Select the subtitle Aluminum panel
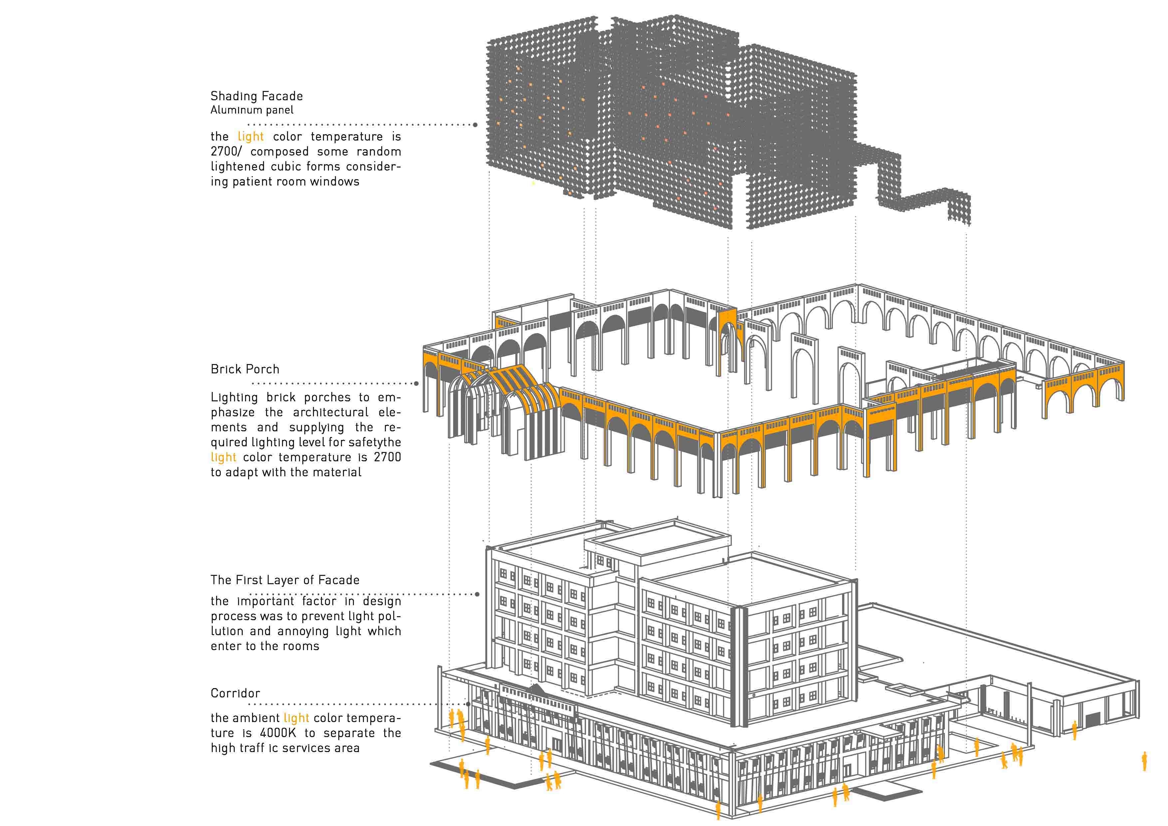coord(252,110)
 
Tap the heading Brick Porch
coord(245,369)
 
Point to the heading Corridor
coord(235,693)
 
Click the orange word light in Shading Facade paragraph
coord(251,137)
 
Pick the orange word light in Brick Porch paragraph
coord(224,457)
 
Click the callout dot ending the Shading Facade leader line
coord(475,125)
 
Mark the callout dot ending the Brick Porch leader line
coord(417,383)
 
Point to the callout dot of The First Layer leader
coord(477,594)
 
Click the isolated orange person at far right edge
coord(1145,762)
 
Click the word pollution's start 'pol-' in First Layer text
coord(390,616)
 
